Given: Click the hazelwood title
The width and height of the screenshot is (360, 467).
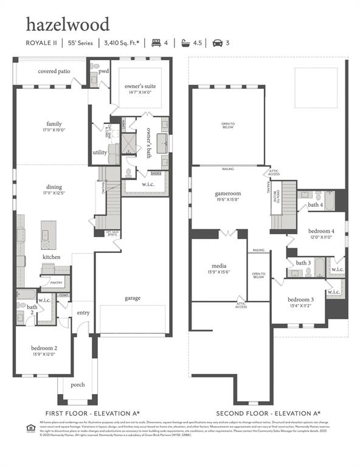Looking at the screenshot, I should [x=67, y=24].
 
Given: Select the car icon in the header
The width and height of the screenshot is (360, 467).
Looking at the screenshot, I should [x=217, y=43].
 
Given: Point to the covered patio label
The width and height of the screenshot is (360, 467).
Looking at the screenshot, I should [x=54, y=71].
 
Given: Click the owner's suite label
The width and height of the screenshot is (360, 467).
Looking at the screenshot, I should [x=140, y=86].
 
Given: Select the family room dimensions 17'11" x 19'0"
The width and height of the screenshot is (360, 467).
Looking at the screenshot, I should [x=54, y=130].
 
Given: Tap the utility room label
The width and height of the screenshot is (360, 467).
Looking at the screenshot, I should [x=100, y=153].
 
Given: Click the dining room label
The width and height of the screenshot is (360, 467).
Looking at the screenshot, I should [x=54, y=187].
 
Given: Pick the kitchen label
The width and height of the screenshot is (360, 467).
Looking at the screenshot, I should [x=51, y=257].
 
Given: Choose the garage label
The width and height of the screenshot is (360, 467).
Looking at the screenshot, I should [x=133, y=298].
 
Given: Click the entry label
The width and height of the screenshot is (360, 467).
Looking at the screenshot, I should [x=83, y=313].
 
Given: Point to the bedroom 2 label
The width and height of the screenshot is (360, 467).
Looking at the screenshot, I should [x=44, y=348].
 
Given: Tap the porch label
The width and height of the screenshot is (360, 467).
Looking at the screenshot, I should [x=78, y=384].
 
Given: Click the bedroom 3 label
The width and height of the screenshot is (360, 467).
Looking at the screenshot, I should [x=300, y=299].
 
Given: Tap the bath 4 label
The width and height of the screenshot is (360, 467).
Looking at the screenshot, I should [x=315, y=205].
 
